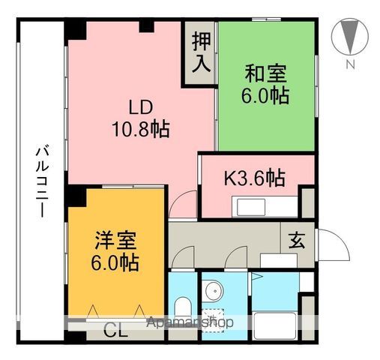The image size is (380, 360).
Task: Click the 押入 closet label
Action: pyautogui.click(x=200, y=50)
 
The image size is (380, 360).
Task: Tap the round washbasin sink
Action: pyautogui.click(x=213, y=290)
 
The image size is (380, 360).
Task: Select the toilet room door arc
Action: pyautogui.click(x=181, y=259)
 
